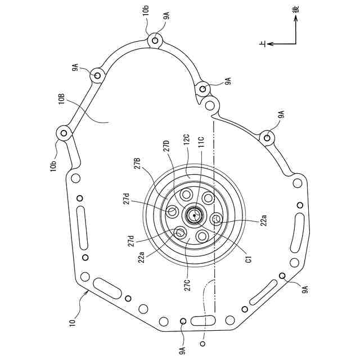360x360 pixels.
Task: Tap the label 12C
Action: [186, 139]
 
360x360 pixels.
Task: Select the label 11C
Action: [201, 142]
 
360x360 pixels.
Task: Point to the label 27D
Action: [166, 145]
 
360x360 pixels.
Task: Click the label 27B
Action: [137, 164]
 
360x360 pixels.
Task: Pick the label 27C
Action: [188, 285]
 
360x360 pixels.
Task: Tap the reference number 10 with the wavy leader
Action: [73, 321]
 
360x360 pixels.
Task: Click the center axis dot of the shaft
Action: [194, 215]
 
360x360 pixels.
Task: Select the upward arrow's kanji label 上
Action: [263, 44]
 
